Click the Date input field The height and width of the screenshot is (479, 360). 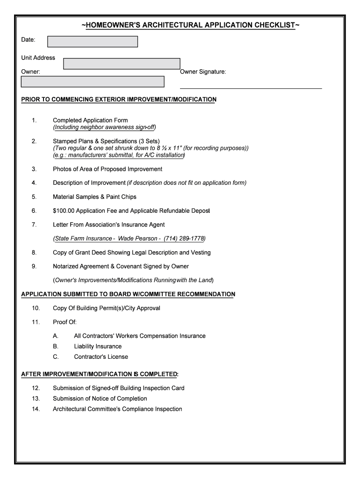93,42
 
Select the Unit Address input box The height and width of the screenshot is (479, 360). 122,64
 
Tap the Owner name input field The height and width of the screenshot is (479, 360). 93,82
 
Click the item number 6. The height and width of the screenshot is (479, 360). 34,211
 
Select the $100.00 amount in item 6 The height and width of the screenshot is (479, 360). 63,211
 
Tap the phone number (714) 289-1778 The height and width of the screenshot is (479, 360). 184,239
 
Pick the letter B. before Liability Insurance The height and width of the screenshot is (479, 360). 56,347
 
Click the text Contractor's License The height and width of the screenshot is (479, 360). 101,357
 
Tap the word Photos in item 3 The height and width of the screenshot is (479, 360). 62,169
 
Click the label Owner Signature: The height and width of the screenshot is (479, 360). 203,72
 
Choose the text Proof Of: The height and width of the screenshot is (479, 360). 65,322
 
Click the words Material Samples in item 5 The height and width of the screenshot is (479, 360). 75,197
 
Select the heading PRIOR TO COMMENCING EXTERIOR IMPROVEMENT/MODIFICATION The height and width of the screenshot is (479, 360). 119,100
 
